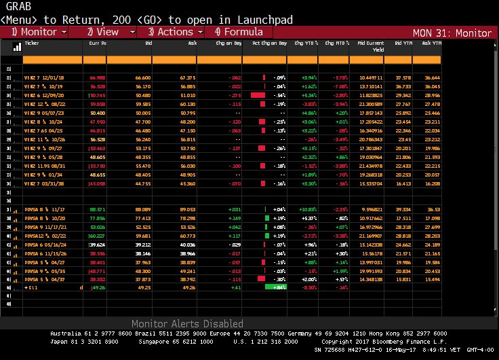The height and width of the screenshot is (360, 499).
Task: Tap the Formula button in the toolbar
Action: coord(239,32)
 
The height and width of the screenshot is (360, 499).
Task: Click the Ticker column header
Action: coord(31,43)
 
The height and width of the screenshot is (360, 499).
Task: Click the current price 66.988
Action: coord(97,78)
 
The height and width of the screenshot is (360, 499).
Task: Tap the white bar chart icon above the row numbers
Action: coord(17,49)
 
